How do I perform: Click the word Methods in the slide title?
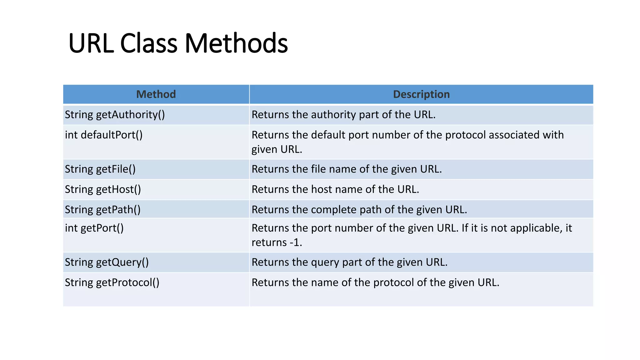[236, 43]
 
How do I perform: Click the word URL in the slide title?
[91, 43]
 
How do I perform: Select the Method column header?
[156, 94]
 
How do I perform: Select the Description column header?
[421, 94]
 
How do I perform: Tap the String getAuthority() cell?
[115, 115]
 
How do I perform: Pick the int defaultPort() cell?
[104, 135]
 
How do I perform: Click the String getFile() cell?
[100, 169]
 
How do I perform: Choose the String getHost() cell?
[103, 189]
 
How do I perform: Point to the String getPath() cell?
[102, 210]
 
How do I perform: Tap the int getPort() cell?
[94, 228]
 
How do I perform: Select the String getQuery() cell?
[107, 262]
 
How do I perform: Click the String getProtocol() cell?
[112, 282]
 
